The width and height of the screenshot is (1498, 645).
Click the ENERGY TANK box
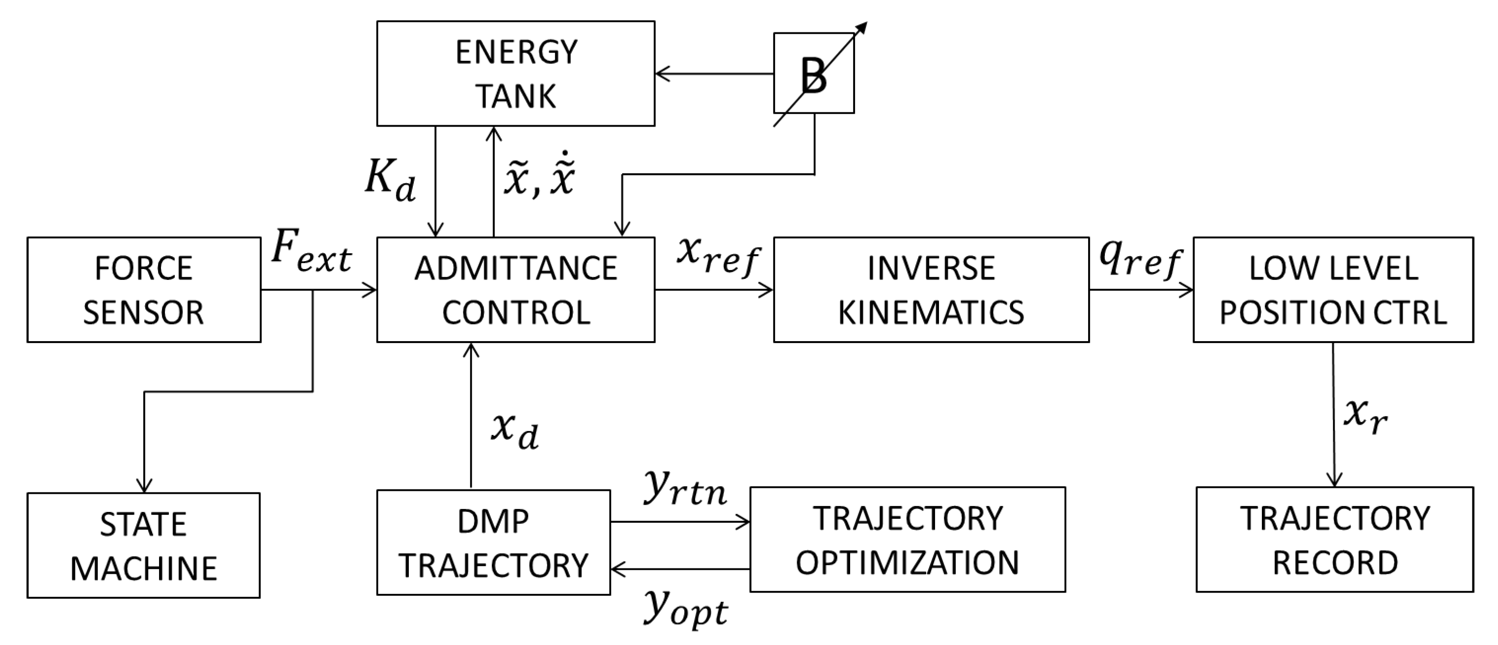(515, 73)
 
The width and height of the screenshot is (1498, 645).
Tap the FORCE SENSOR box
(144, 290)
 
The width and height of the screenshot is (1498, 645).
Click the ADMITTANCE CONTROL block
(515, 290)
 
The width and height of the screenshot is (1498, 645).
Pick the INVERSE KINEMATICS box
(931, 290)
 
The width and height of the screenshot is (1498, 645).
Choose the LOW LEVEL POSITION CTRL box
(1333, 290)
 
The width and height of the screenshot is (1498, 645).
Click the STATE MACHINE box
(144, 545)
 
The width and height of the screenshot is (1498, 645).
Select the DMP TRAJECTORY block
(493, 542)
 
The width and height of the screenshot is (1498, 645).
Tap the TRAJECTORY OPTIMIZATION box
(907, 540)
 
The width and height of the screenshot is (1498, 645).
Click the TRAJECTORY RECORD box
(1335, 540)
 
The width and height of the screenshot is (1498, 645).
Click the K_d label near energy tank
(390, 180)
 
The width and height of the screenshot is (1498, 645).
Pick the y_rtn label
(685, 490)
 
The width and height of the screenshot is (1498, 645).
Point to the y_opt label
(685, 610)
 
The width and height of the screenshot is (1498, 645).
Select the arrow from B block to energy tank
(714, 74)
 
